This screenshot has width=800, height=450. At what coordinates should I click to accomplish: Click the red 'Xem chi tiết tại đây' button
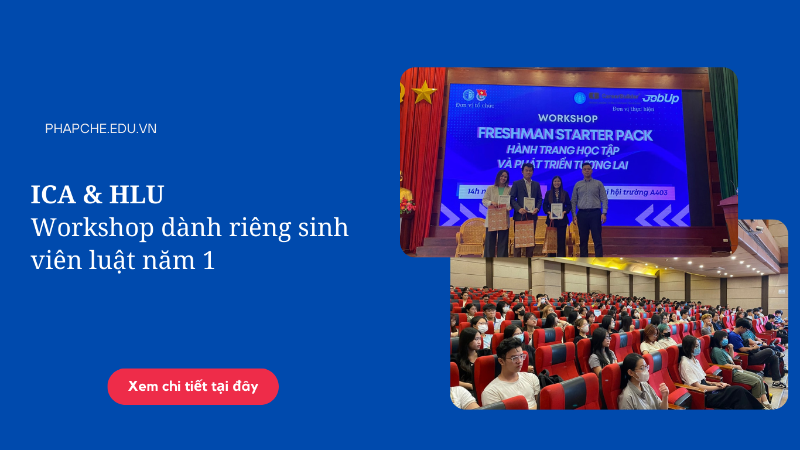click(193, 387)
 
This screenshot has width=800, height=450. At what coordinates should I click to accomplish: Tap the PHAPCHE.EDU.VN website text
click(101, 129)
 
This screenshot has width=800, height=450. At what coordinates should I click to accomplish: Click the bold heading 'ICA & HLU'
click(97, 195)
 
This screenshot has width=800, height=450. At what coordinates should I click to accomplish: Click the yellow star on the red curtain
click(424, 92)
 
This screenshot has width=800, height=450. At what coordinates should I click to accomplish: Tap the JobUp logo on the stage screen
click(660, 98)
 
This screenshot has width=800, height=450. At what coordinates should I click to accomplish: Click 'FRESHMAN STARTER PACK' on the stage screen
click(565, 134)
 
